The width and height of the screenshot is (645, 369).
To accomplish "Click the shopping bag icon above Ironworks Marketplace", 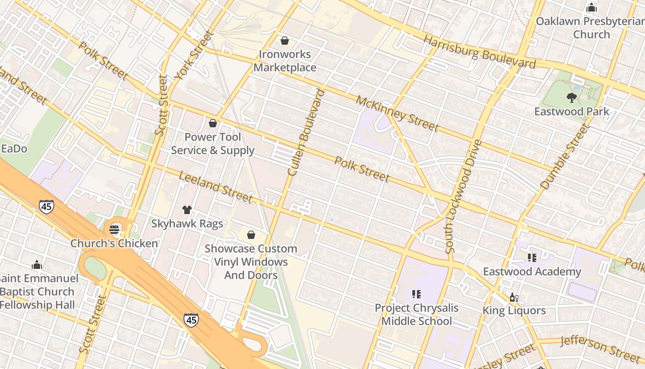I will point(285,41).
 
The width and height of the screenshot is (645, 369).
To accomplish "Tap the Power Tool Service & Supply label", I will point(212,143).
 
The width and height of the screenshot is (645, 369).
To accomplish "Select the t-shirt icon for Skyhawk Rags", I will point(187,210).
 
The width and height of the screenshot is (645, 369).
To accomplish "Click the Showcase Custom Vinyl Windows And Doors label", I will point(251,262).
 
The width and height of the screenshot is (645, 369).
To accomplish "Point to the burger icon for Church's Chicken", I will point(114,229).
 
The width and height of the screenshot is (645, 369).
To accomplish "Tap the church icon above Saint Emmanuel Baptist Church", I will point(37,265).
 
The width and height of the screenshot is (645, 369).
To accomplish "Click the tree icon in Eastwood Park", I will point(572,97).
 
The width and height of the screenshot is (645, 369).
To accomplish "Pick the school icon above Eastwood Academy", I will point(532,258).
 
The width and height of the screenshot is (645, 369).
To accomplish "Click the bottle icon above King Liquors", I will point(514,298).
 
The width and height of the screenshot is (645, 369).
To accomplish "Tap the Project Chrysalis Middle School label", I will point(416,314).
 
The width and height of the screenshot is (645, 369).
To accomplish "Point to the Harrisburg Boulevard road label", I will point(479,52).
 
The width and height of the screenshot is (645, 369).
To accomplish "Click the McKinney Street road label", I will point(397,113).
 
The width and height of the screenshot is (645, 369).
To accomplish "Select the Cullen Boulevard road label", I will point(306,132).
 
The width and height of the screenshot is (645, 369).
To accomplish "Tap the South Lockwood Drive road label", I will point(463,196).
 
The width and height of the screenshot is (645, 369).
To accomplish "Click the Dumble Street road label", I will point(565,157).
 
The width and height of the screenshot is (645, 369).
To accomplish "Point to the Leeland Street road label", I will point(216,187).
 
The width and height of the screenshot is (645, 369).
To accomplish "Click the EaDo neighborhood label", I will point(14,149).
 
